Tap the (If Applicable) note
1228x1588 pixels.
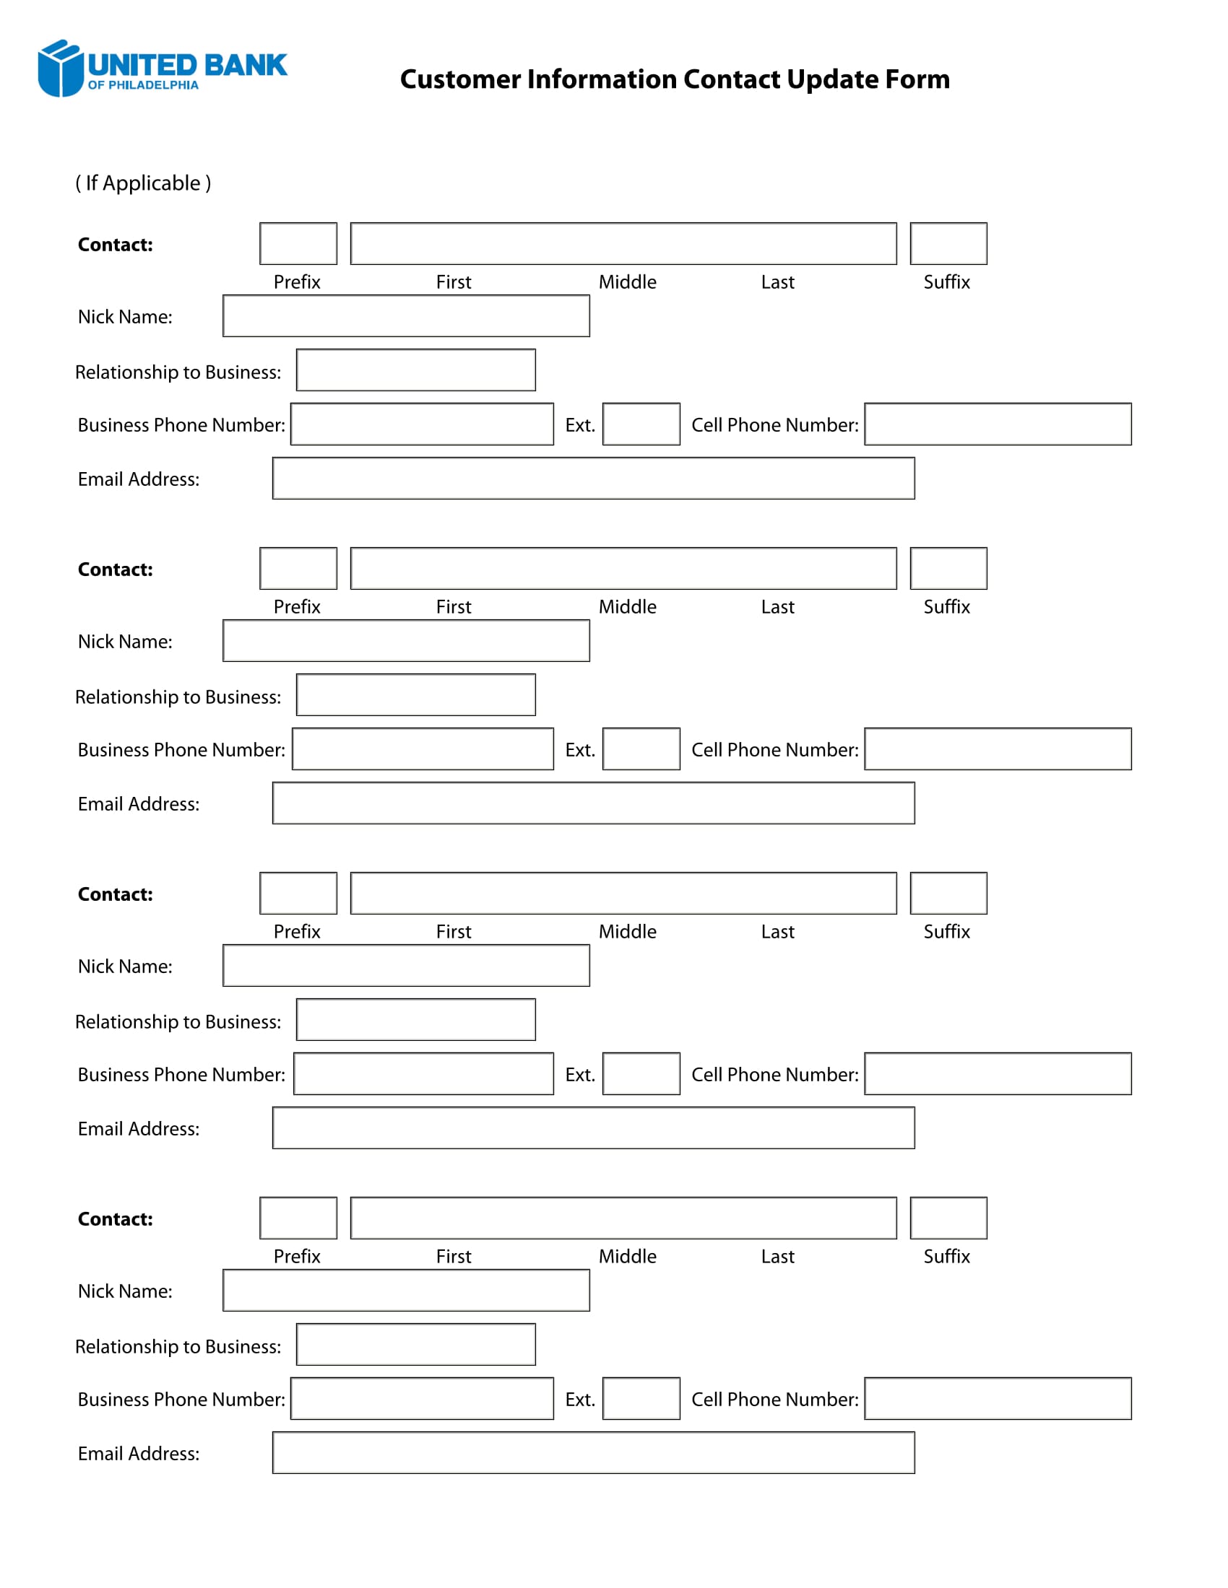(x=143, y=183)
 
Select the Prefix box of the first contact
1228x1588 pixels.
(x=298, y=243)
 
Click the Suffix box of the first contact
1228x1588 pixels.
(x=948, y=243)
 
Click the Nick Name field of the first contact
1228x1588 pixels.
(x=406, y=315)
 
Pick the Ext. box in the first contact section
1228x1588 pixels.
(x=641, y=424)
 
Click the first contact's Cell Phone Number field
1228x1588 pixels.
(x=998, y=424)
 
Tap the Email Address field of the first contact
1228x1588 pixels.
(x=593, y=479)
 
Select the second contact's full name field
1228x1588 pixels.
(x=623, y=569)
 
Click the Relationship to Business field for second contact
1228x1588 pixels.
(x=415, y=695)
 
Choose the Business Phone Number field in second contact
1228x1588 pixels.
(x=423, y=749)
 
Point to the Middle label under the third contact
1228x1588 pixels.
(x=627, y=931)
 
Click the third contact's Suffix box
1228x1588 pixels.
(x=948, y=893)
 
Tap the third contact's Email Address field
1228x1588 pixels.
(x=593, y=1127)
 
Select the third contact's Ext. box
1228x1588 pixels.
(x=641, y=1073)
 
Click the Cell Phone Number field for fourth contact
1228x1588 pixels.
(x=998, y=1398)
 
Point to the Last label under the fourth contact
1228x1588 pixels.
(x=777, y=1257)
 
